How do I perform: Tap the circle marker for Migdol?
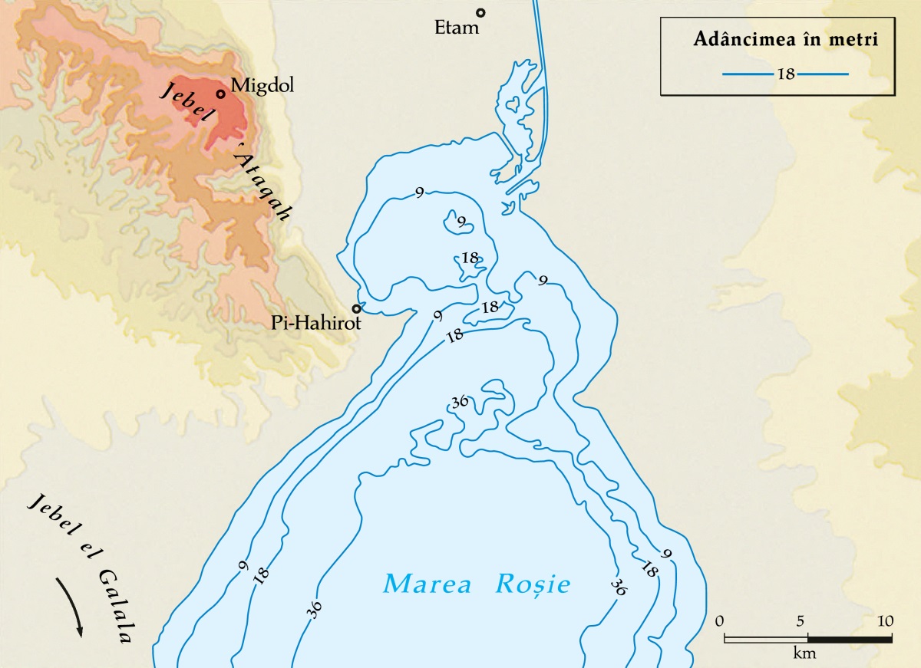coord(221,94)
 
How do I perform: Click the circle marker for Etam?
coord(480,12)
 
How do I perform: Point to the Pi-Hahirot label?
coord(315,324)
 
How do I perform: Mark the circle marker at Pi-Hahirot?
coord(356,309)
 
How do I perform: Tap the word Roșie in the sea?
coord(533,584)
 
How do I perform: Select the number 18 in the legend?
coord(786,74)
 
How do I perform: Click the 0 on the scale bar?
coord(719,620)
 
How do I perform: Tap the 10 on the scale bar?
coord(885,620)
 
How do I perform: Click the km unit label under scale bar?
coord(805,654)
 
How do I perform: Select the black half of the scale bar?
coord(850,638)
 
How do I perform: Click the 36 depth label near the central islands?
coord(460,403)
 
